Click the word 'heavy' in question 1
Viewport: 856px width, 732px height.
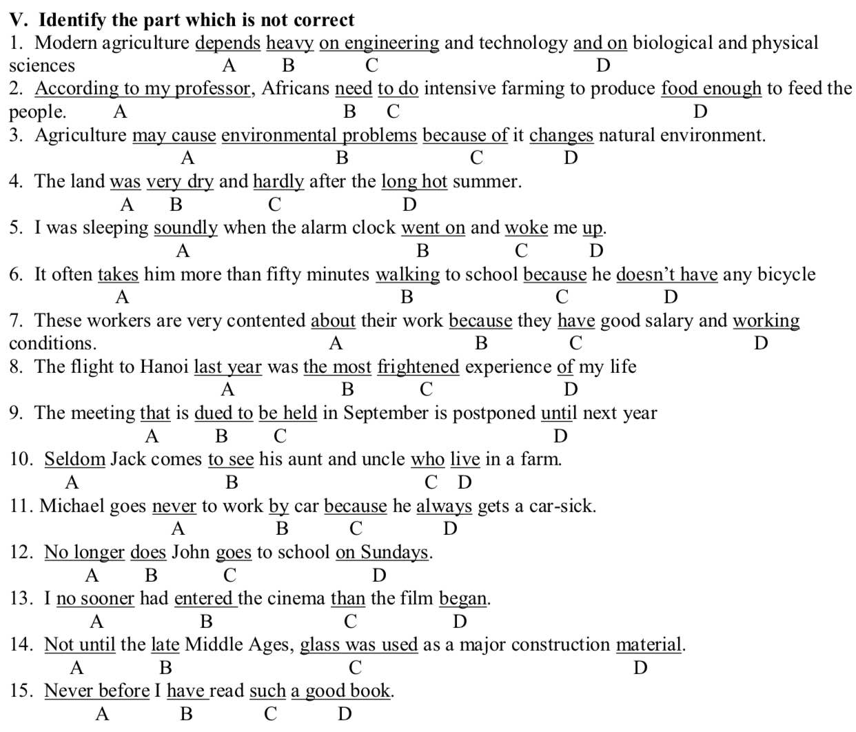pos(289,43)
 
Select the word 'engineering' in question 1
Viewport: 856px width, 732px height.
pos(391,43)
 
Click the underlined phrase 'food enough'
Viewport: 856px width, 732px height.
pos(711,89)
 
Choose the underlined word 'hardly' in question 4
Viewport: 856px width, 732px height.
pos(278,182)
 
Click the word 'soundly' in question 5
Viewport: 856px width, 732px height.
pos(185,228)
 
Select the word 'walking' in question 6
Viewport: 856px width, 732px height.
pos(407,274)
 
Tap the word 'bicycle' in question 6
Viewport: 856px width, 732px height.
pos(786,274)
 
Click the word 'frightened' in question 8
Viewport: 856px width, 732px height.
pos(418,367)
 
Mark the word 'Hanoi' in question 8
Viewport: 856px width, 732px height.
pos(164,367)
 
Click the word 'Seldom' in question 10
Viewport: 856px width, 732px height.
pos(74,459)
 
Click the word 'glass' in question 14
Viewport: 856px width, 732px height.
pos(320,644)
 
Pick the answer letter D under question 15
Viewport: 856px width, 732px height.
pos(345,714)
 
